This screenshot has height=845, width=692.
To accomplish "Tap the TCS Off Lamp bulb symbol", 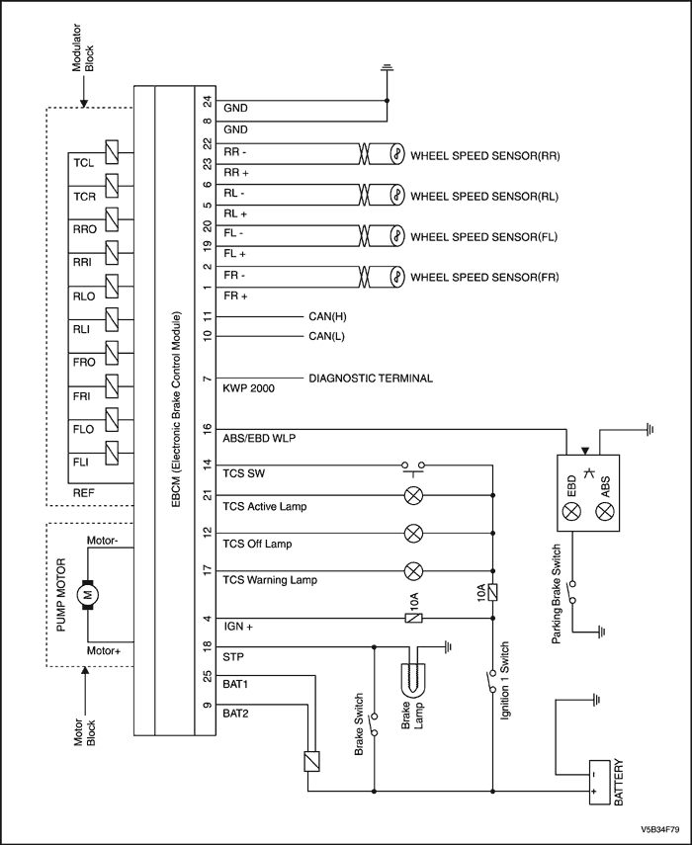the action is tap(413, 534).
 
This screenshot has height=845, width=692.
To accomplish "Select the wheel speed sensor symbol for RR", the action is tap(396, 153).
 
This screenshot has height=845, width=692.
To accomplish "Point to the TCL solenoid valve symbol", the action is tap(112, 152).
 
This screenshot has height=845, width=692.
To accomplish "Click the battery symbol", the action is tap(599, 782).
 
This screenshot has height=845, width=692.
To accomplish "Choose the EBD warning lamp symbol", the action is tap(571, 510).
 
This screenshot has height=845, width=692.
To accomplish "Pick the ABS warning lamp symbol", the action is tap(605, 510).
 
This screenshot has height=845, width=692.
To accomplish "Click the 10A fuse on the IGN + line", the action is tap(413, 618).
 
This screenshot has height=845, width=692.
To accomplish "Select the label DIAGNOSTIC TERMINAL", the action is tap(371, 379).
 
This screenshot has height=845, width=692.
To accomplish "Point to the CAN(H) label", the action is tap(327, 316).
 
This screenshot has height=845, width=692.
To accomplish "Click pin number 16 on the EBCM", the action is tap(208, 430).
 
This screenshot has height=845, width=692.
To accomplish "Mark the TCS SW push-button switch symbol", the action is tap(413, 467).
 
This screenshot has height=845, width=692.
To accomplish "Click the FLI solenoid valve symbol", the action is tap(112, 454).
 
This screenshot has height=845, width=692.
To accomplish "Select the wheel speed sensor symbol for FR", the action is tap(396, 277).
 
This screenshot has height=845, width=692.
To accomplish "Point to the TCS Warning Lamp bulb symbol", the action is tap(413, 570).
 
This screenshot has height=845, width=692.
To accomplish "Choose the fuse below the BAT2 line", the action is tap(311, 761).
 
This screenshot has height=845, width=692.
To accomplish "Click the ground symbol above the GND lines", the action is tap(387, 68).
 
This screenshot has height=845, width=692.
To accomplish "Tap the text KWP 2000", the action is tap(248, 388).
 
